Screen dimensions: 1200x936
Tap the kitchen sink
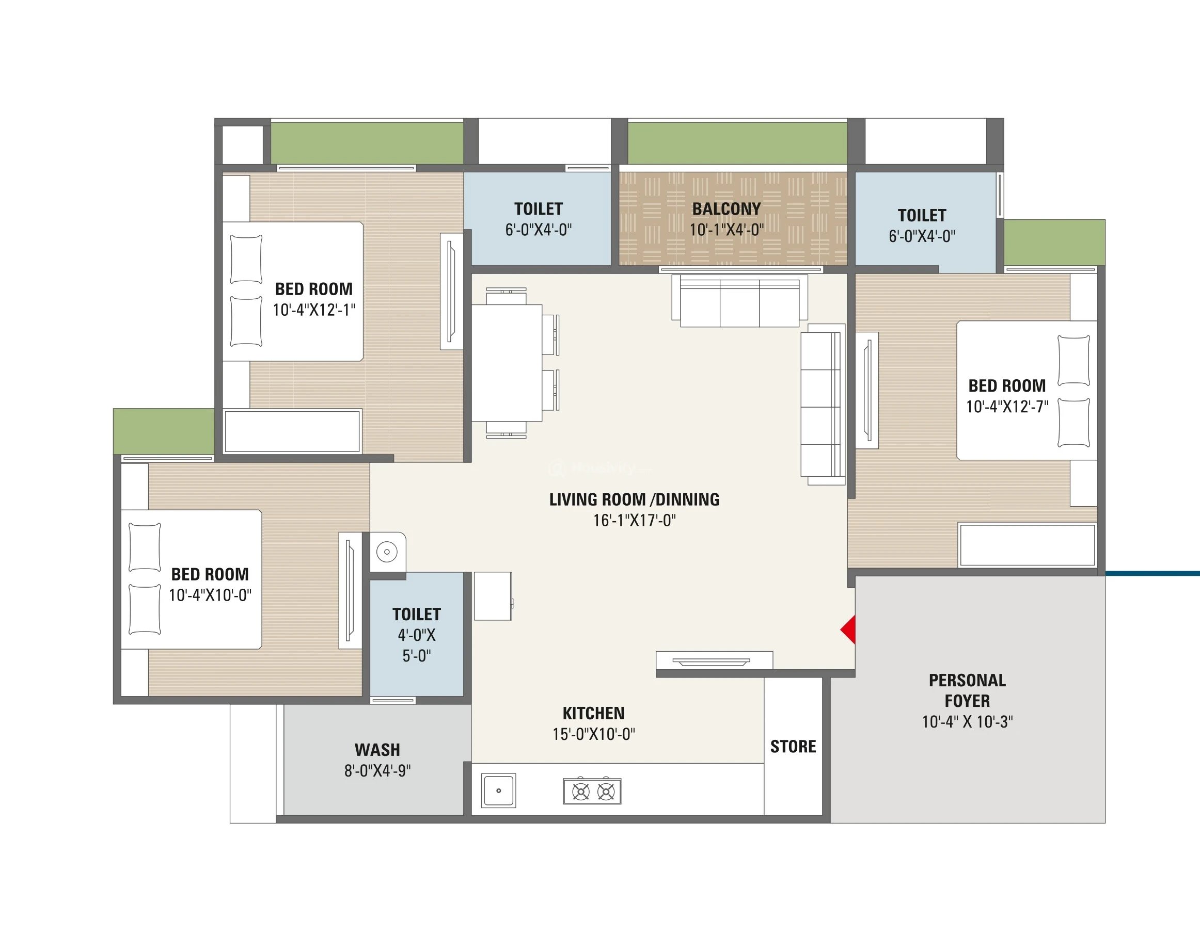[x=498, y=790]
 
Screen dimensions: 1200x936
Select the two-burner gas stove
[x=592, y=791]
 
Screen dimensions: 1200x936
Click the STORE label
[x=793, y=747]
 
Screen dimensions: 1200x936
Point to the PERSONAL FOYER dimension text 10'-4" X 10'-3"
[x=967, y=721]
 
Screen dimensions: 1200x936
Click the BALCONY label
[x=727, y=208]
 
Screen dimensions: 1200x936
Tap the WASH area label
[x=377, y=750]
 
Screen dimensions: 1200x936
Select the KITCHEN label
[x=593, y=713]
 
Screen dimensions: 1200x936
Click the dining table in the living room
[x=507, y=363]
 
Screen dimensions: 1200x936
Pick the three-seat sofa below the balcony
[x=739, y=301]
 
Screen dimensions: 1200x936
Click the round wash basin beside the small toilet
[x=387, y=552]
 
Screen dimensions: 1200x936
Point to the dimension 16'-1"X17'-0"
[x=634, y=520]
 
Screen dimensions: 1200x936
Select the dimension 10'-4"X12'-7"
[x=1007, y=406]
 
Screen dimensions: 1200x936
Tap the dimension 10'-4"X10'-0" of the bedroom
[x=210, y=595]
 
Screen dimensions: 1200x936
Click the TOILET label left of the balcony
[x=539, y=208]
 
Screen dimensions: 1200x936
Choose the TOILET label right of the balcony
[x=922, y=215]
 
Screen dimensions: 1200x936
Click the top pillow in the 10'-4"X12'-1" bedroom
[x=246, y=259]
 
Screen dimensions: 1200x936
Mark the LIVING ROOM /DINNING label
[x=634, y=499]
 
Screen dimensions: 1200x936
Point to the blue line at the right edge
[x=1152, y=574]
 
